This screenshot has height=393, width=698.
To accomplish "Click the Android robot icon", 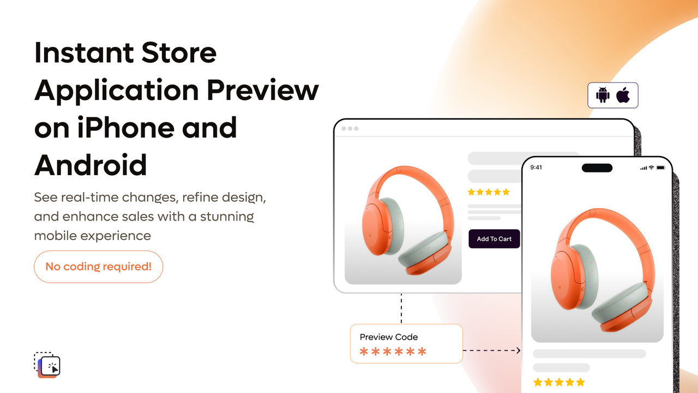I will [603, 95].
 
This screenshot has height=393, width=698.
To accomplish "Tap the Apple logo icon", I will [623, 95].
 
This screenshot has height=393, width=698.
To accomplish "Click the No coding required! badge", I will [98, 267].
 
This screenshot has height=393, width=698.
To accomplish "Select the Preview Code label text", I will [389, 337].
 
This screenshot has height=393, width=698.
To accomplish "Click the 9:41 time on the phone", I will [536, 168].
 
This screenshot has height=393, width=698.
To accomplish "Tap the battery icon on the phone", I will [660, 168].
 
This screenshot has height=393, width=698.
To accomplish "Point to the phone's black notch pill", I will [597, 168].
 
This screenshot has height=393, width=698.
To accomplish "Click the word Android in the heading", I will [91, 165].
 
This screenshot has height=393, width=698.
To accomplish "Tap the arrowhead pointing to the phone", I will [518, 350].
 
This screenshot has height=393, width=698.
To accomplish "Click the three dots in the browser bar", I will [350, 129].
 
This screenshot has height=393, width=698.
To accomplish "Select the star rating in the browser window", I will [489, 192].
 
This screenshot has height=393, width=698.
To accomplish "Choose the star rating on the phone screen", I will [559, 382].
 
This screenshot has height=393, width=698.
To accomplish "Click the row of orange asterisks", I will [393, 352].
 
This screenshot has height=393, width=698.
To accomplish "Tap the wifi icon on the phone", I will [651, 168].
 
